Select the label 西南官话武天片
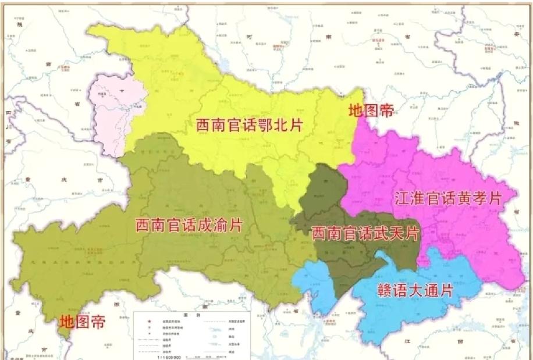click(x=365, y=234)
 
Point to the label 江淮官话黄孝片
click(x=447, y=198)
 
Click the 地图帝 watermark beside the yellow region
click(x=371, y=111)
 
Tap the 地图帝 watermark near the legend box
click(x=83, y=321)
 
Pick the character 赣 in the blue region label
click(x=370, y=290)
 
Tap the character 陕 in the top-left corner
click(x=19, y=24)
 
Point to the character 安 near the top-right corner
click(x=516, y=33)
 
